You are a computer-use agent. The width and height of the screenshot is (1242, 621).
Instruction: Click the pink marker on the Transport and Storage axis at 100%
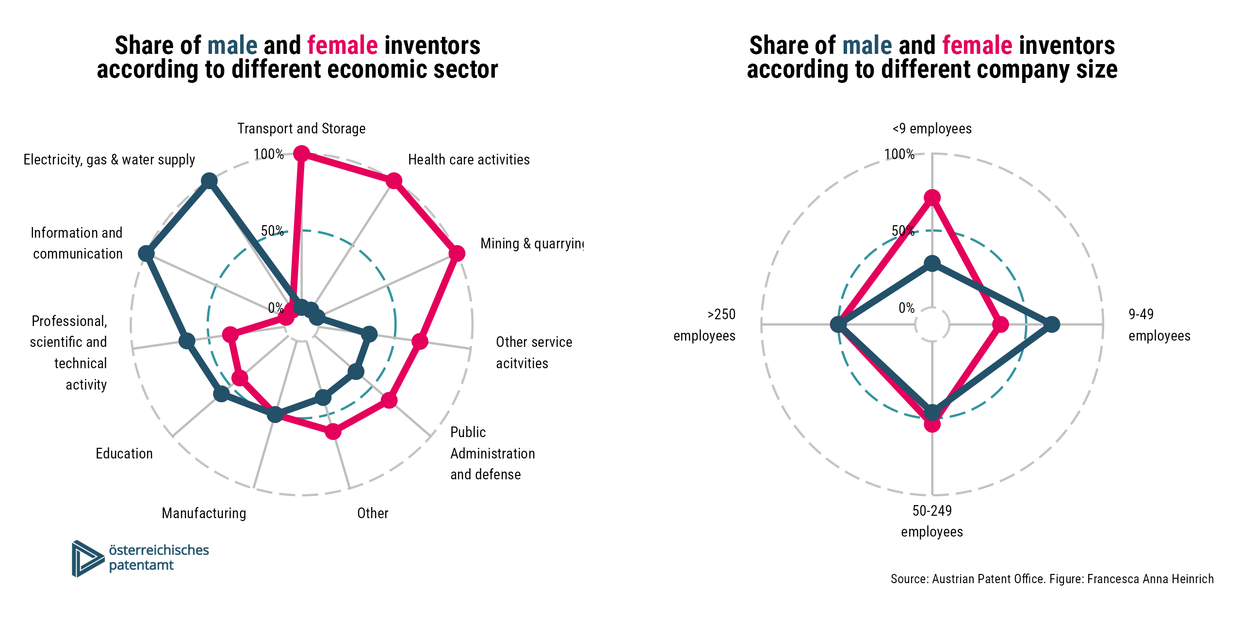pyautogui.click(x=301, y=154)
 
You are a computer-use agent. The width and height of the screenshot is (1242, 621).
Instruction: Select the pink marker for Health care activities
pyautogui.click(x=393, y=181)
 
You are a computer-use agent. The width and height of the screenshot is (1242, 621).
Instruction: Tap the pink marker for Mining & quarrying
pyautogui.click(x=457, y=253)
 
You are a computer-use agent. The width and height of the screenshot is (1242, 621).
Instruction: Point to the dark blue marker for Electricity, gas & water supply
pyautogui.click(x=209, y=181)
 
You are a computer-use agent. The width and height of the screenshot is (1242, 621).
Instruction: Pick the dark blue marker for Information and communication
pyautogui.click(x=146, y=253)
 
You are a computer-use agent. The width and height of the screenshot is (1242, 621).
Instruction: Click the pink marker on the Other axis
pyautogui.click(x=333, y=431)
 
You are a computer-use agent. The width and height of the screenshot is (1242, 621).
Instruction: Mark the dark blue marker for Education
pyautogui.click(x=221, y=393)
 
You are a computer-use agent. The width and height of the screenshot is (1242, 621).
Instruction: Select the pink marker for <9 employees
pyautogui.click(x=932, y=197)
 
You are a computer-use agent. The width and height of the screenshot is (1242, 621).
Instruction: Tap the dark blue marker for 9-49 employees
pyautogui.click(x=1051, y=324)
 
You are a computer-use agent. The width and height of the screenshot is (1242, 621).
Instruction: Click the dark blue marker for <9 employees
pyautogui.click(x=932, y=264)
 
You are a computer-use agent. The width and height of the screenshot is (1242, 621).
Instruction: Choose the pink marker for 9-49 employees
pyautogui.click(x=1000, y=324)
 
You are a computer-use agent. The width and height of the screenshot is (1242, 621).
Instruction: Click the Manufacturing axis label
pyautogui.click(x=204, y=513)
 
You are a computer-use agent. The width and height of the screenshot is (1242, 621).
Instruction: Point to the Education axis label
pyautogui.click(x=124, y=454)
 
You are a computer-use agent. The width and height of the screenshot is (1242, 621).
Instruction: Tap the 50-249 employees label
pyautogui.click(x=932, y=521)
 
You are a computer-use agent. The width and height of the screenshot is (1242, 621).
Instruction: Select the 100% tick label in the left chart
pyautogui.click(x=268, y=154)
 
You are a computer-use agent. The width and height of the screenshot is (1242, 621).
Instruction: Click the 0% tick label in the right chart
pyautogui.click(x=906, y=308)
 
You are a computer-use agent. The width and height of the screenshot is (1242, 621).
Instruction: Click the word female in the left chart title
pyautogui.click(x=343, y=46)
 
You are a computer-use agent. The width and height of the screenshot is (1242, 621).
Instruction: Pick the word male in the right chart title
pyautogui.click(x=867, y=46)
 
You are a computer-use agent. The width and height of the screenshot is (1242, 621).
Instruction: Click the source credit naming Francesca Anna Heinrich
pyautogui.click(x=1052, y=579)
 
